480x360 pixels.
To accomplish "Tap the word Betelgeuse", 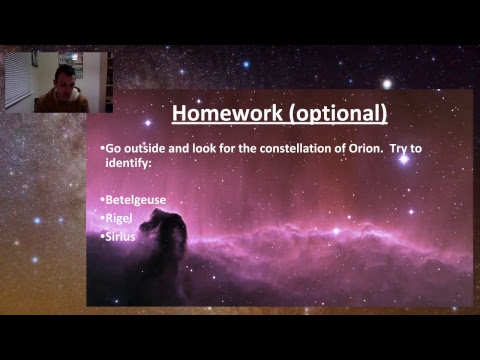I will point(136,199).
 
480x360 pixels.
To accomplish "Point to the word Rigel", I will point(120,217).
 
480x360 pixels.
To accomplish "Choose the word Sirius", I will point(122,236).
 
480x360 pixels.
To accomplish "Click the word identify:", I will point(129,161).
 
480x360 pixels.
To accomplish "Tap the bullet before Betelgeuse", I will point(103,199).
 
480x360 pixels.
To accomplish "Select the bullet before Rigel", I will point(103,217).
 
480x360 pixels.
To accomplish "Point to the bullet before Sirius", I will point(103,236).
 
